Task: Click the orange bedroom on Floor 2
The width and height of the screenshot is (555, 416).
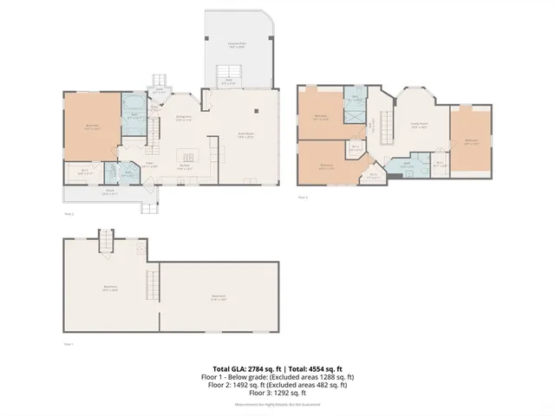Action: [90, 126]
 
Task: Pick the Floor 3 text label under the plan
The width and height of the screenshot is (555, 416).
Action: [303, 198]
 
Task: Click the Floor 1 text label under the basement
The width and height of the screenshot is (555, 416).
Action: [69, 344]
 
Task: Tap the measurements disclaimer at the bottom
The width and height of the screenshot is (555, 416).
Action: [277, 405]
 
